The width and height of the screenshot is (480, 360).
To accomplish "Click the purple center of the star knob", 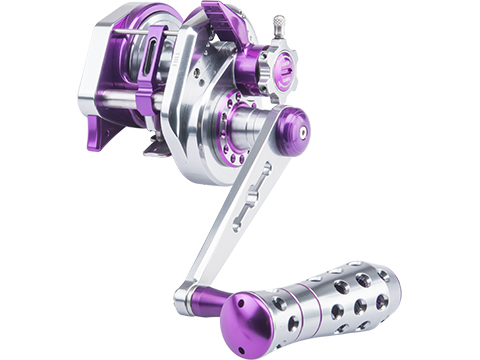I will coord(284,68).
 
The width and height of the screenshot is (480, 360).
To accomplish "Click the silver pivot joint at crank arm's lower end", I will coord(186,297).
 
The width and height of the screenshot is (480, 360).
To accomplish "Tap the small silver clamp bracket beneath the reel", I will coord(158,146).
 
